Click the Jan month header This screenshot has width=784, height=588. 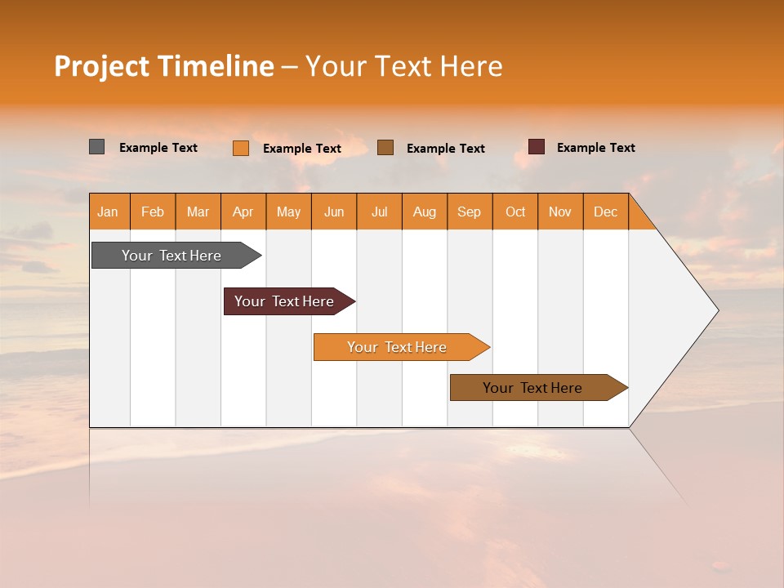[x=109, y=212]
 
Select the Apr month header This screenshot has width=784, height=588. [x=243, y=212]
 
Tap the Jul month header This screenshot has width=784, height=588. [x=380, y=212]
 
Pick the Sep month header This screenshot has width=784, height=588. [x=470, y=212]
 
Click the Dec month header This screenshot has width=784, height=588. [x=606, y=212]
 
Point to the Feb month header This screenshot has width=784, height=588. [x=153, y=212]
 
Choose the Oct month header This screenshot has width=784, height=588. [x=515, y=212]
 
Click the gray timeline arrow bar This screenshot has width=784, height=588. [x=171, y=256]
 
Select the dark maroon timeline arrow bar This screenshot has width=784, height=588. [x=284, y=301]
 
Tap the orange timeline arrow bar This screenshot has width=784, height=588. [x=397, y=347]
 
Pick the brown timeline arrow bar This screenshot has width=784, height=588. [x=532, y=388]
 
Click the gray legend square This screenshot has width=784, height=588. [x=97, y=147]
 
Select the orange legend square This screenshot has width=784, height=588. [x=241, y=148]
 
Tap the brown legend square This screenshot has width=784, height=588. [x=385, y=147]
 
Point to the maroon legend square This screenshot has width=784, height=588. [x=537, y=147]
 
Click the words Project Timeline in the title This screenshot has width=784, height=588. [x=164, y=66]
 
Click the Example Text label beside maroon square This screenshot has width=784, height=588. [x=596, y=148]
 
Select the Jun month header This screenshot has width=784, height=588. [x=334, y=212]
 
